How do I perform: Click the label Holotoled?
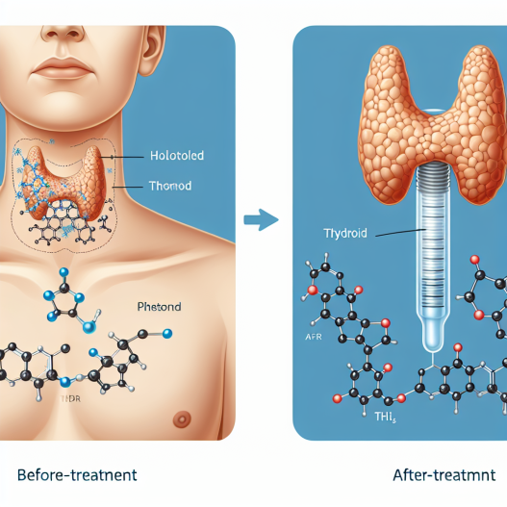coord(177,154)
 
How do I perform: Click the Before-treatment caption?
coord(77,475)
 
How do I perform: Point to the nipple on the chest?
coord(182,418)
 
